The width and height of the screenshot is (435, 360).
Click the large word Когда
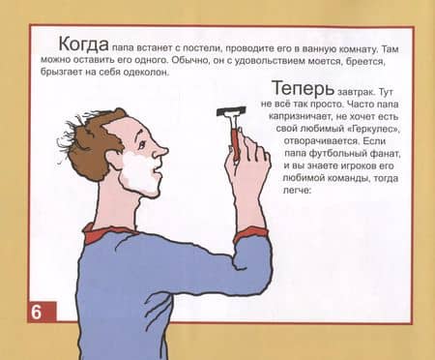tap(83, 44)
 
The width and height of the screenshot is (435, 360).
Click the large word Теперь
tap(304, 88)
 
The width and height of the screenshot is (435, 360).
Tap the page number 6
tap(36, 312)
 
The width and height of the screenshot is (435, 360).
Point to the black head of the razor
tap(231, 111)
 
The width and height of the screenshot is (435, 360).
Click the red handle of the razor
tap(236, 143)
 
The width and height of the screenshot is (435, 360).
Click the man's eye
tap(142, 144)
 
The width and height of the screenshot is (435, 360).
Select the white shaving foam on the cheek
tap(138, 172)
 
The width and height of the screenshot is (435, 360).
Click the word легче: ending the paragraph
tap(297, 191)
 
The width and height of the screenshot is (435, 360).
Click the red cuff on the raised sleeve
tap(251, 234)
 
